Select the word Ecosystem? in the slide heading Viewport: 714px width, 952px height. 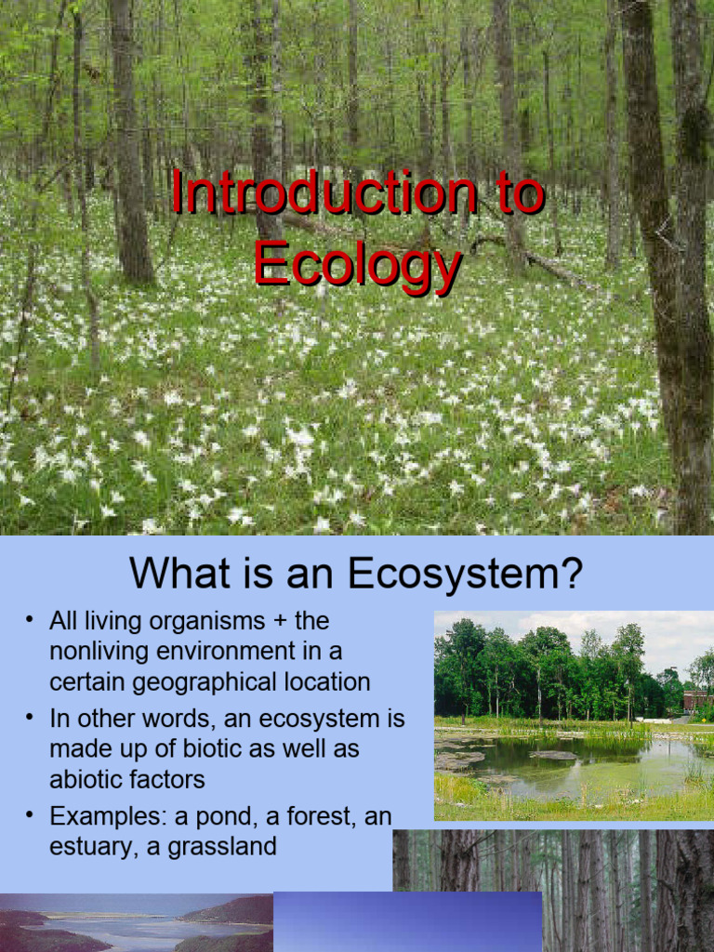pos(466,574)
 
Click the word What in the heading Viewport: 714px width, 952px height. pos(175,574)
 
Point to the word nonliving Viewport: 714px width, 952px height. pos(102,651)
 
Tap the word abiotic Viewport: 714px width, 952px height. pos(86,779)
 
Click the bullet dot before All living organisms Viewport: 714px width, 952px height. pos(30,619)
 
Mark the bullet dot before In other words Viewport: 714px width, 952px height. pos(30,717)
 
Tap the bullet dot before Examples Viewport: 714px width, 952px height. pos(30,815)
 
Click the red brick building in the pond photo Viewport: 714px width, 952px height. pos(697,700)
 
